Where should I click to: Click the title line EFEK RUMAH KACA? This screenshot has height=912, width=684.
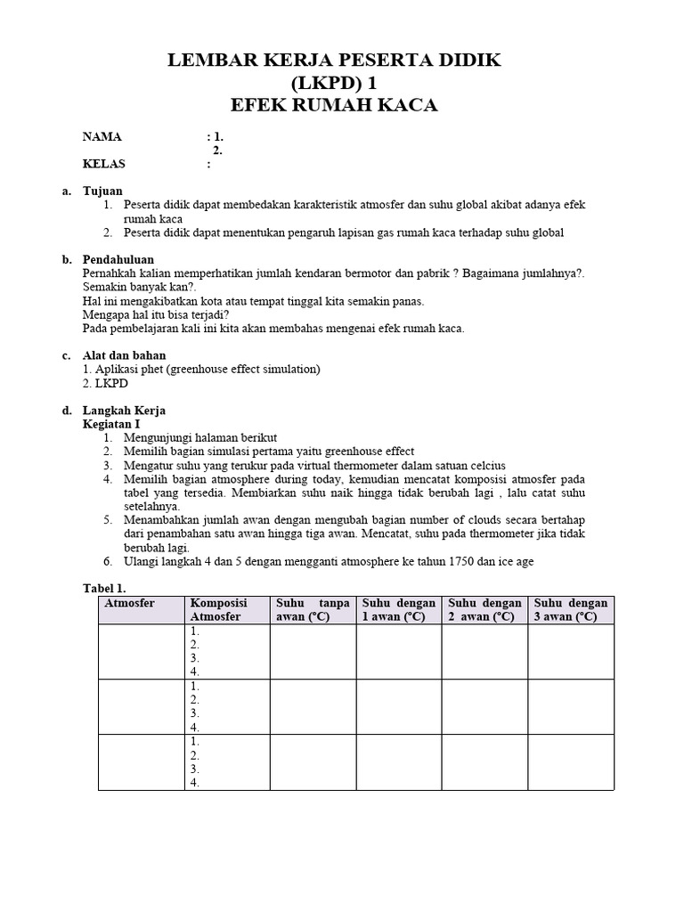pyautogui.click(x=334, y=105)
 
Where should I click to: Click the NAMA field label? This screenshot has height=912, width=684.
pyautogui.click(x=102, y=137)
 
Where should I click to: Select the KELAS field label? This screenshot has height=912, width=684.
pyautogui.click(x=104, y=164)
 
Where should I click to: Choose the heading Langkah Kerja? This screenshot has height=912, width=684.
pyautogui.click(x=124, y=411)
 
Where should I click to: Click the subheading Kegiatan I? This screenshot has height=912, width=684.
pyautogui.click(x=111, y=425)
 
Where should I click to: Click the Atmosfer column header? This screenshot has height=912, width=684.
pyautogui.click(x=130, y=603)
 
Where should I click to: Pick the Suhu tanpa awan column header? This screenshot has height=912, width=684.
pyautogui.click(x=313, y=610)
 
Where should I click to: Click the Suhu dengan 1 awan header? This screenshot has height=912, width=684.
pyautogui.click(x=398, y=610)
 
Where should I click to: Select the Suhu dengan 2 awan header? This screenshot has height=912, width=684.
pyautogui.click(x=484, y=610)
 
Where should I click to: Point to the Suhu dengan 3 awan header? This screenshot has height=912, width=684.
pyautogui.click(x=571, y=610)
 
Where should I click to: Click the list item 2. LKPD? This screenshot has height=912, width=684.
pyautogui.click(x=105, y=383)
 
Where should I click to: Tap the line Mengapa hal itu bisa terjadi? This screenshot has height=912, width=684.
pyautogui.click(x=156, y=314)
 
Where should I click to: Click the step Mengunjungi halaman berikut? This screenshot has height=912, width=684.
pyautogui.click(x=201, y=438)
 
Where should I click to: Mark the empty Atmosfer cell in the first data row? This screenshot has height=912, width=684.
pyautogui.click(x=141, y=651)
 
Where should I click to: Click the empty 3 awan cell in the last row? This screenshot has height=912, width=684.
pyautogui.click(x=571, y=761)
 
